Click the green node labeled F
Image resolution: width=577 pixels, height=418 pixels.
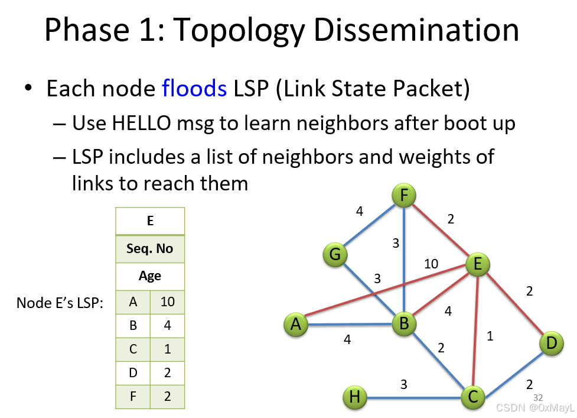point(404,195)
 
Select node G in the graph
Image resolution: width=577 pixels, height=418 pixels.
point(335,254)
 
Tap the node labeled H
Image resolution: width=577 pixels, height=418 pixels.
point(355,397)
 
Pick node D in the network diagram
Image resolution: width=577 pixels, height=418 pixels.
point(551,344)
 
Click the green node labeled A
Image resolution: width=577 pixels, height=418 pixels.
point(296,325)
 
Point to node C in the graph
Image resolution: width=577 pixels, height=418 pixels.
point(473,397)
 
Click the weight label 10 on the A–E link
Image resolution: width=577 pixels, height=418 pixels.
point(431,264)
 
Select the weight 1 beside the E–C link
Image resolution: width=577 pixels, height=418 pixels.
point(490,336)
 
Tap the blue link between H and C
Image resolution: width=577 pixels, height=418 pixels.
point(414,398)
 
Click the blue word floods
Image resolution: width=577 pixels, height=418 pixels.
point(194,88)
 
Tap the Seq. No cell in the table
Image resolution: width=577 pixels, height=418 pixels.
point(150,248)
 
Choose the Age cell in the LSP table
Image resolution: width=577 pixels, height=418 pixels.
point(150,276)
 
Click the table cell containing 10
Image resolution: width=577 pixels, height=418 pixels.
point(168,302)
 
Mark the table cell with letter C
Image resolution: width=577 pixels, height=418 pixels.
point(133,349)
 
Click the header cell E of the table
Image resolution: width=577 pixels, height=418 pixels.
point(150,221)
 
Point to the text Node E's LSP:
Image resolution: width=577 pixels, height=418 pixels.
point(60,303)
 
